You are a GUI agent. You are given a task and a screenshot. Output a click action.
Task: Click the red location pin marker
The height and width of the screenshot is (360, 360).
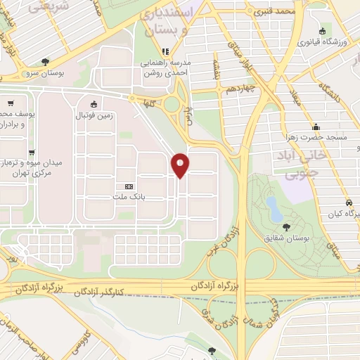point(181,165)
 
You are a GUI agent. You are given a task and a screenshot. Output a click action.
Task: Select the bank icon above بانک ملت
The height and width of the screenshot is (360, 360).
point(127,186)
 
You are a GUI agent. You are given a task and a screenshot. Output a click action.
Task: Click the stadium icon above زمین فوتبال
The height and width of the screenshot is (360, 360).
point(94,104)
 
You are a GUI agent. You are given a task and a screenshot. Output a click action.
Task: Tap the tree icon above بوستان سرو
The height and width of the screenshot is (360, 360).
point(46,62)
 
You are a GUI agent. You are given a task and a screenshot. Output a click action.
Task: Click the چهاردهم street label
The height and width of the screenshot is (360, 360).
point(240,91)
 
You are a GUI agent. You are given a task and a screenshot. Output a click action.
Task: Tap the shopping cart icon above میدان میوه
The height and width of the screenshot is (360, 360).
point(31,153)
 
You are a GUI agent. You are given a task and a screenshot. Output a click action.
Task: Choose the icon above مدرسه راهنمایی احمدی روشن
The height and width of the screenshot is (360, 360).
point(166,51)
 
